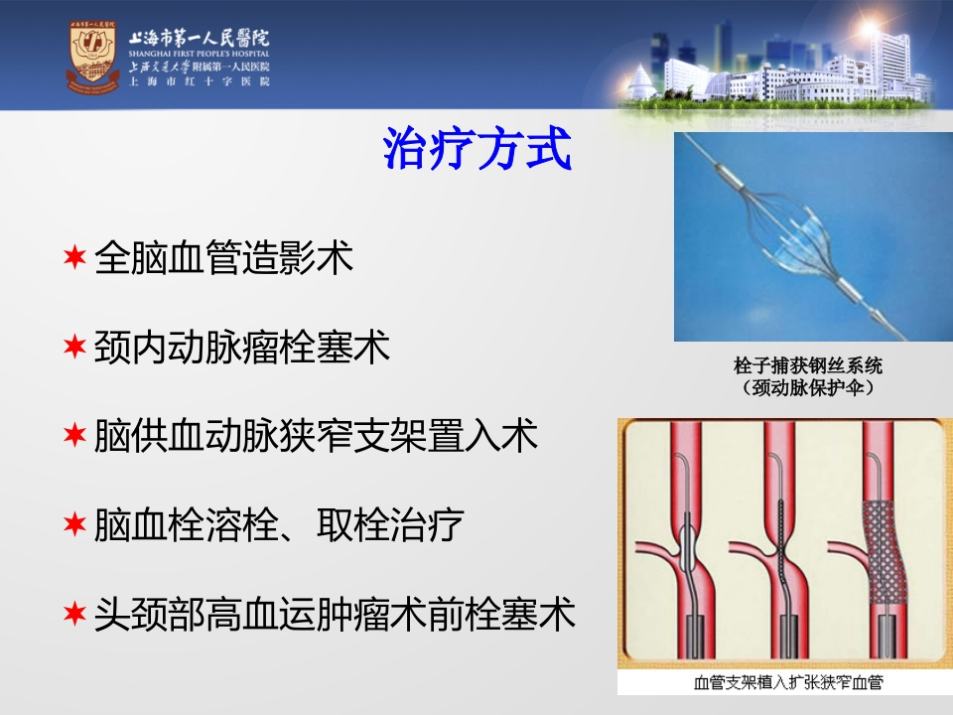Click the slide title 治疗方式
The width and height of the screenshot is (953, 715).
coord(477,148)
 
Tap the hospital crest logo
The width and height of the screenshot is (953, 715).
coord(92,57)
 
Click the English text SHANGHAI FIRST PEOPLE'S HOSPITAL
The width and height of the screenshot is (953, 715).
coord(199,54)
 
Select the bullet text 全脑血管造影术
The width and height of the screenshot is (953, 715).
coord(223,257)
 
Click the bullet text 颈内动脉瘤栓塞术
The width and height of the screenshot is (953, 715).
coord(242,348)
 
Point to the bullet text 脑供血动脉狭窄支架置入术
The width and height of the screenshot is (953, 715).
coord(316,436)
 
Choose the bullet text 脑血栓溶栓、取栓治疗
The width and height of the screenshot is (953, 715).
coord(279,524)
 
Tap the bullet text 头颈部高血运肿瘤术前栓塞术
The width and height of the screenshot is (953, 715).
coord(335,614)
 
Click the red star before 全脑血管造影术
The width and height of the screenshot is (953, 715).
coord(74,257)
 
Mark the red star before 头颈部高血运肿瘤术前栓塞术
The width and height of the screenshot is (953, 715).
coord(74,614)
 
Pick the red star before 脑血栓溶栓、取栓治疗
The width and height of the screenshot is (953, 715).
coord(74,524)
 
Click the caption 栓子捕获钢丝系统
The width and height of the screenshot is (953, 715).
coord(808,365)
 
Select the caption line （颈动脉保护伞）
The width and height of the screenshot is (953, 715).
coord(808,387)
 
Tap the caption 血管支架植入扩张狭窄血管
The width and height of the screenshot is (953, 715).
coord(787,682)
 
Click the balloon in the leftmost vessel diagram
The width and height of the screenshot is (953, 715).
coord(687,545)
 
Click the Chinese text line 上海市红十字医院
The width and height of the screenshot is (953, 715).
coord(199,81)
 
